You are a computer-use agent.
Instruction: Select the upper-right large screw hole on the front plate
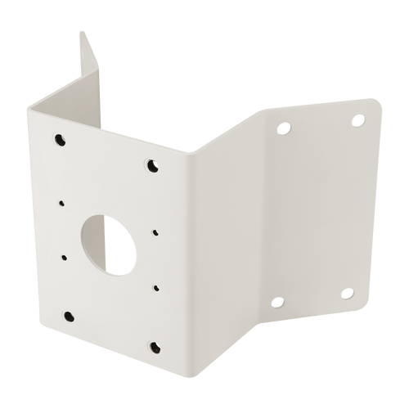(152, 166)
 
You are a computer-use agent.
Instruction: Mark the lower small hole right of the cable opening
(152, 289)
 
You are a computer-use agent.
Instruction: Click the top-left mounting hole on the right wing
(284, 128)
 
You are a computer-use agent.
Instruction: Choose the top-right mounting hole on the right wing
(357, 119)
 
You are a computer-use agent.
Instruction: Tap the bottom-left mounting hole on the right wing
(275, 303)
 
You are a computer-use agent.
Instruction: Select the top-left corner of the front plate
(26, 106)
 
